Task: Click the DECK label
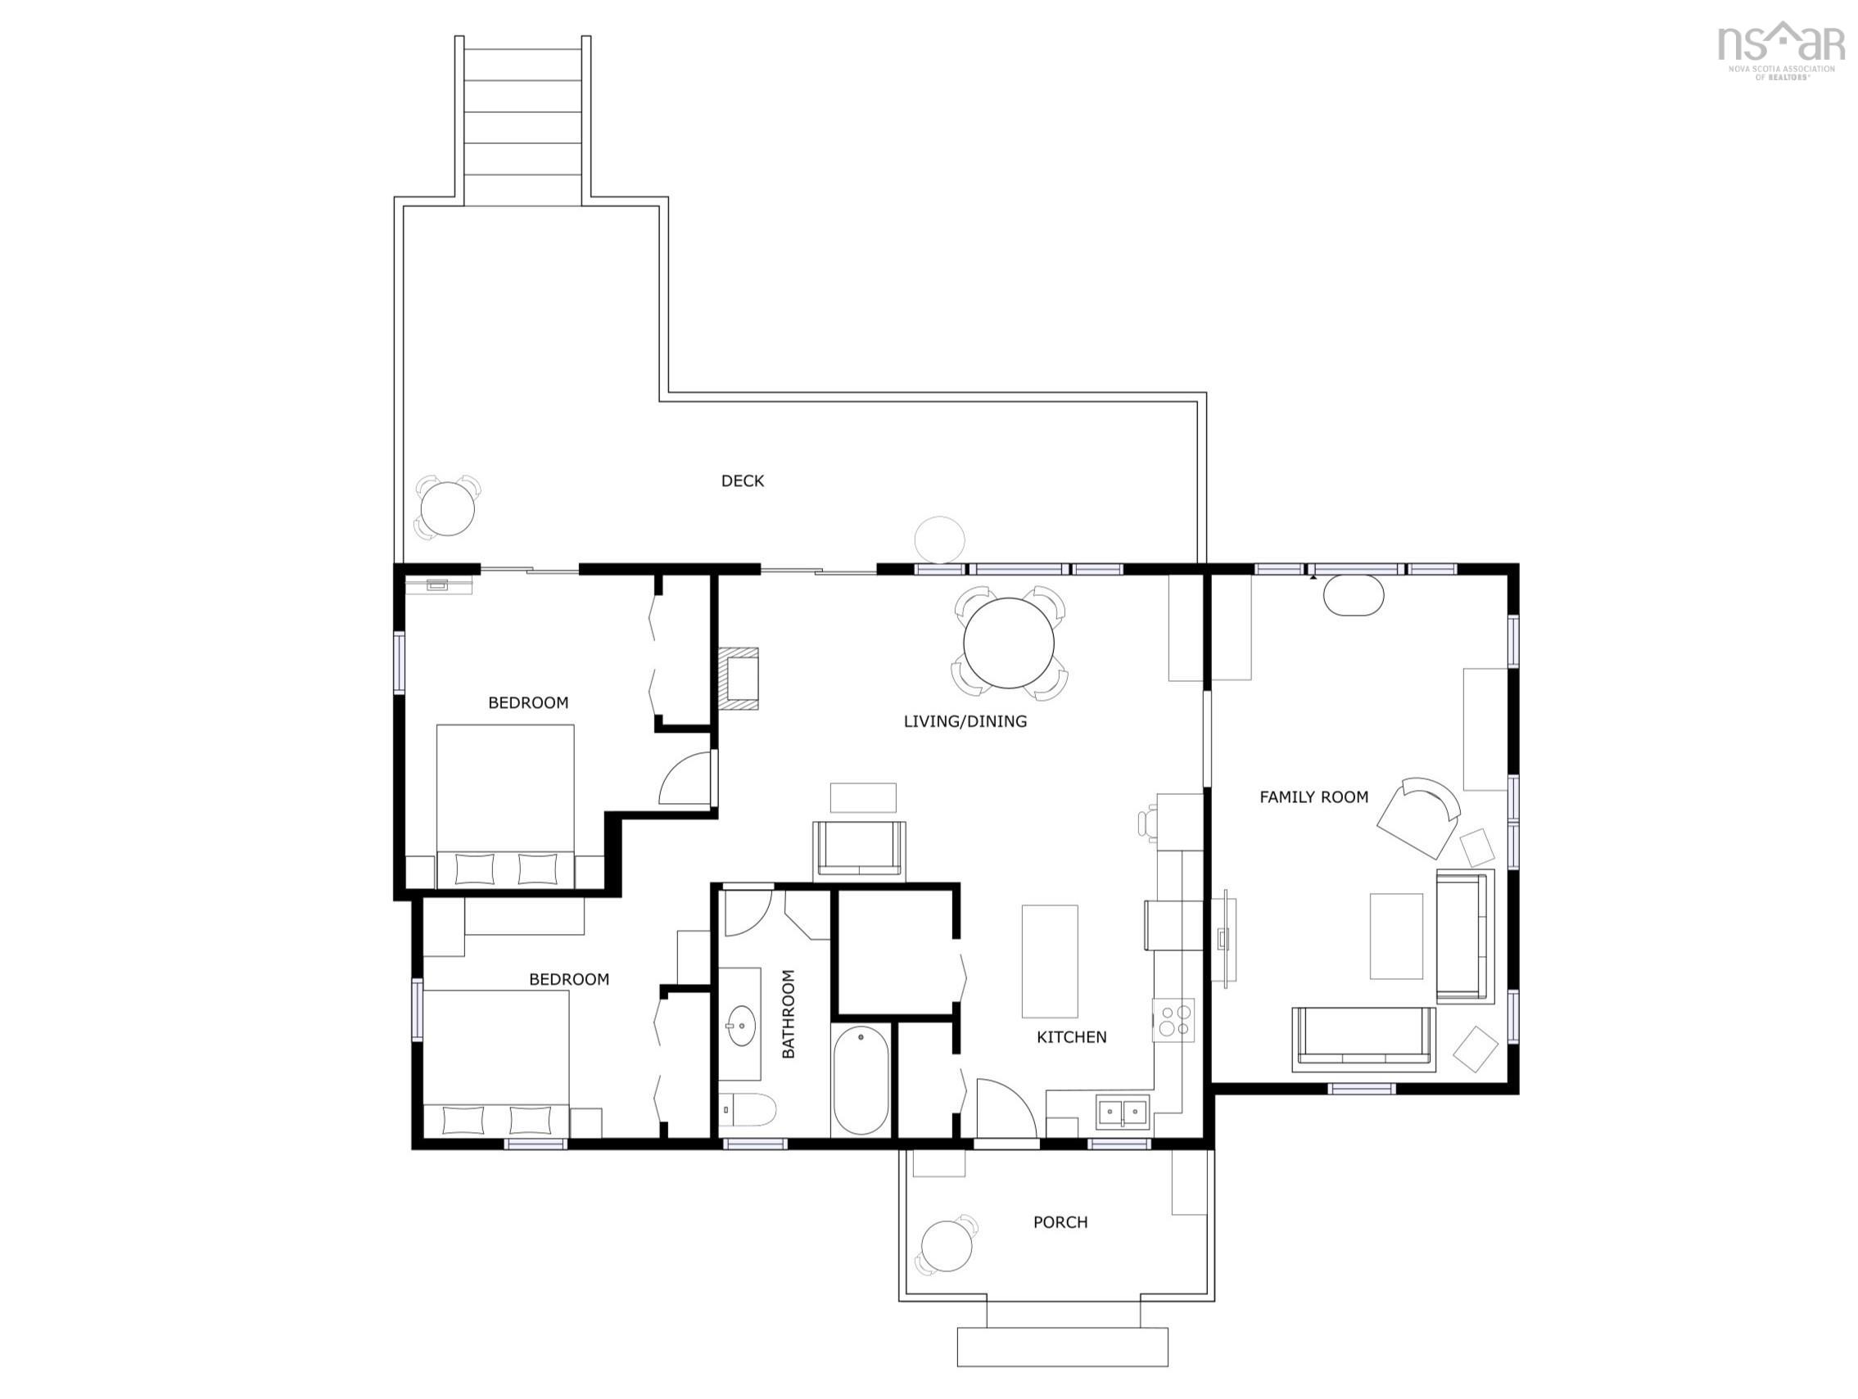point(743,481)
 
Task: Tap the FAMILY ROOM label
point(1313,797)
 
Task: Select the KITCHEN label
point(1071,1037)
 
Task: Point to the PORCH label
point(1060,1222)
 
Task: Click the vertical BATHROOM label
point(788,1013)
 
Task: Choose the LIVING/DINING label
point(965,721)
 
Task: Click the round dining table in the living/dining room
point(1009,643)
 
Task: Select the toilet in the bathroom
point(748,1110)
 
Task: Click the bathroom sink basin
point(741,1027)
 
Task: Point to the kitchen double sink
point(1122,1111)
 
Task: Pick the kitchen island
point(1049,962)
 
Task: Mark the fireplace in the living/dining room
point(739,679)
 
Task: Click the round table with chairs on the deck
point(447,508)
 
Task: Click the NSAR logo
point(1781,51)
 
